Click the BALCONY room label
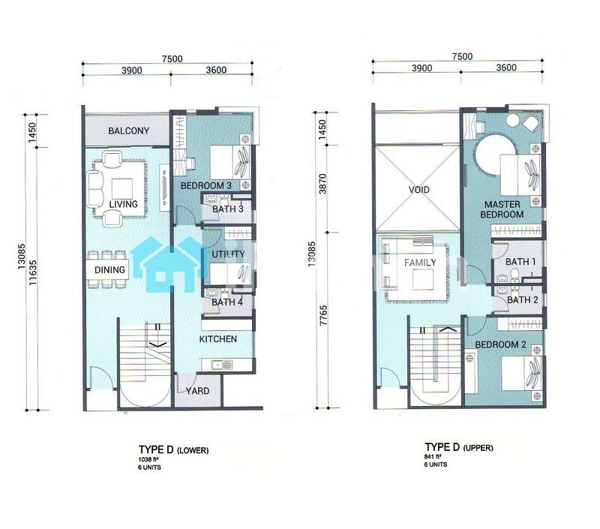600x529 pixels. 128,131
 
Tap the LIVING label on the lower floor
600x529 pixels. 123,204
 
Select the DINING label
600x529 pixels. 109,270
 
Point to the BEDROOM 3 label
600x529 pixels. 205,185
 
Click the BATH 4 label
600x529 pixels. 227,302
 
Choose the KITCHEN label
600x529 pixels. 218,338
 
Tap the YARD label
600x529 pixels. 197,391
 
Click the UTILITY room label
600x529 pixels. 228,254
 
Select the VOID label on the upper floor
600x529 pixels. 419,190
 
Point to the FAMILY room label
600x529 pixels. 420,262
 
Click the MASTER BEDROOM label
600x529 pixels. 502,209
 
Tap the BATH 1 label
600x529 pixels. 520,262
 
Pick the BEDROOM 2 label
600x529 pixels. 500,344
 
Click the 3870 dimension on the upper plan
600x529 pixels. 323,184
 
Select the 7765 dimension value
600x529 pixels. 324,315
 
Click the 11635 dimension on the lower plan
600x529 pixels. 33,272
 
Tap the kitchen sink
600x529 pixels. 217,365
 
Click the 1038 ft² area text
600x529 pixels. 148,459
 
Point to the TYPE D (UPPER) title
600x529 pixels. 459,447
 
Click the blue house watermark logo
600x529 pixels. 170,264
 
